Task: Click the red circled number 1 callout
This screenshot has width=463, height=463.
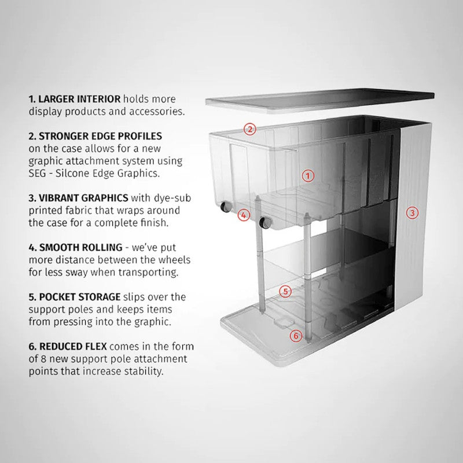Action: point(308,175)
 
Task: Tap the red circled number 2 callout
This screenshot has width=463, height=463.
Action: point(249,129)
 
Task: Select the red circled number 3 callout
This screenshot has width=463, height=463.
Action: point(412,212)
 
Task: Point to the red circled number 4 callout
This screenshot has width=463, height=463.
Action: point(244,215)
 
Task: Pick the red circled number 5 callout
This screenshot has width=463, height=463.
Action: point(285,291)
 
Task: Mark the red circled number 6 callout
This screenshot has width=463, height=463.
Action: point(295,335)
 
